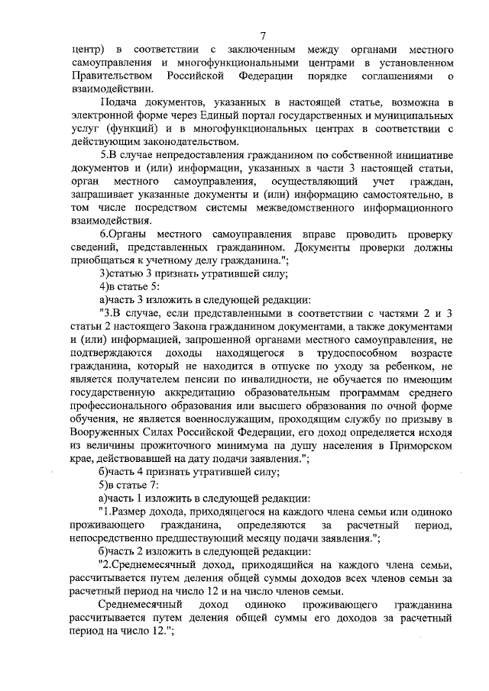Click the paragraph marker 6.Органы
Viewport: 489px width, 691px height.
point(121,234)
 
